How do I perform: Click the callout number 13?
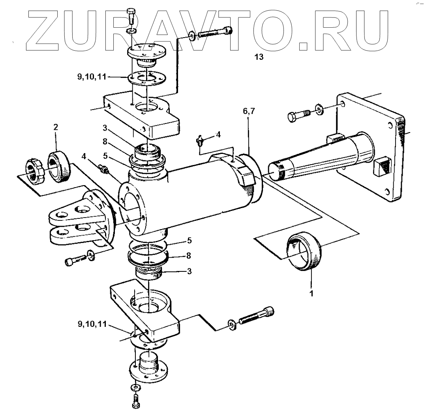[x=259, y=57]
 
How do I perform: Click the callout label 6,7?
[x=249, y=112]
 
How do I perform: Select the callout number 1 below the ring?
[x=311, y=294]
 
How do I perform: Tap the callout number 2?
[x=56, y=127]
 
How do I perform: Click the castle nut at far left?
[x=35, y=171]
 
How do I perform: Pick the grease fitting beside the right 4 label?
[x=200, y=139]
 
